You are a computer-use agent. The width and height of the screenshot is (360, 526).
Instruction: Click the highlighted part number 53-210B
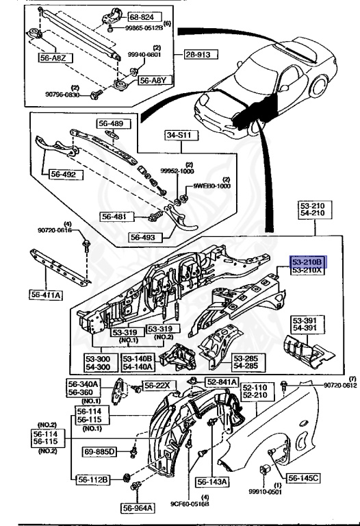[309, 261]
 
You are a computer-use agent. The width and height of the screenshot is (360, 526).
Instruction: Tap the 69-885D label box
[101, 452]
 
